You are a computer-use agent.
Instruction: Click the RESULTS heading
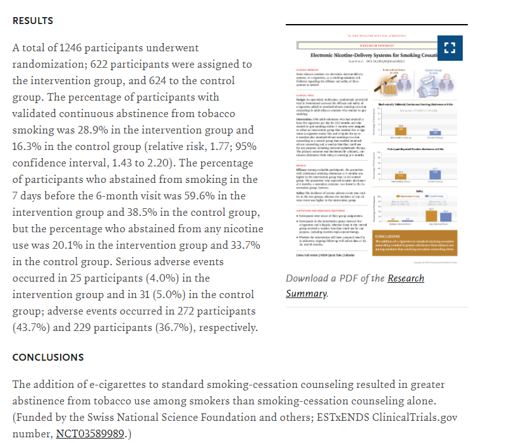pyautogui.click(x=33, y=21)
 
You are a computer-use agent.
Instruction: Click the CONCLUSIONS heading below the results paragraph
pyautogui.click(x=48, y=358)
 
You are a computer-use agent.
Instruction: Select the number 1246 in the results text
pyautogui.click(x=73, y=48)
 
